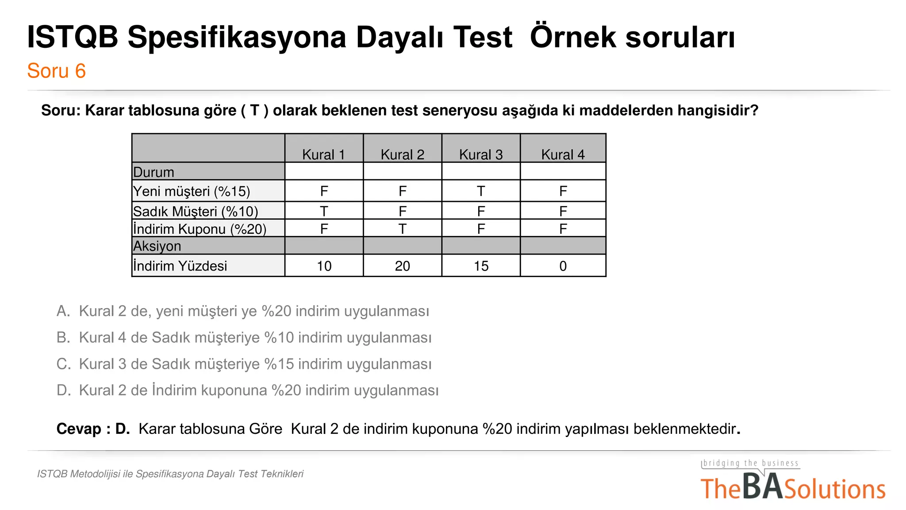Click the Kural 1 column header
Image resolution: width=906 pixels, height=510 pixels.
click(x=323, y=155)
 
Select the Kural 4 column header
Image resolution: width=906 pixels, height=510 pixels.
click(x=563, y=155)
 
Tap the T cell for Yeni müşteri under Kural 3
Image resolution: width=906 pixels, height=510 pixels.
click(x=481, y=191)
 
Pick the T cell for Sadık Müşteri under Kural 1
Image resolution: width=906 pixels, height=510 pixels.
click(x=324, y=211)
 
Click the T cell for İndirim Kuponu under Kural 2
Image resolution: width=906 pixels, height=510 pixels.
click(x=402, y=229)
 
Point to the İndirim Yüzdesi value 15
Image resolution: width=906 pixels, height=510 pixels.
click(x=481, y=266)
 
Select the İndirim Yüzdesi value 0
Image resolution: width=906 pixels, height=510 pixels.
click(x=563, y=266)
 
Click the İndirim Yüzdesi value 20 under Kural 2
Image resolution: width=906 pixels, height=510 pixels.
click(x=402, y=266)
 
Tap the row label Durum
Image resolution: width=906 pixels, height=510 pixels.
click(x=154, y=172)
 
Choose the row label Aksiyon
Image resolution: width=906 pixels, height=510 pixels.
click(x=157, y=246)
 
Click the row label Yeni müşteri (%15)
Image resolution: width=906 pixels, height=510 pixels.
click(x=192, y=191)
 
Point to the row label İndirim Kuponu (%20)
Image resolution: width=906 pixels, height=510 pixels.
click(x=200, y=229)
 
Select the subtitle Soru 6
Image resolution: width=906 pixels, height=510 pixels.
click(x=56, y=71)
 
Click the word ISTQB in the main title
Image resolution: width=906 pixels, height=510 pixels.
click(x=73, y=37)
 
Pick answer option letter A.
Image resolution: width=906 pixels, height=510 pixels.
click(x=63, y=311)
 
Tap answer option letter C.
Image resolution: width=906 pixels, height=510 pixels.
click(x=63, y=364)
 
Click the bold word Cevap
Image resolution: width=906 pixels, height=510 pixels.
click(x=79, y=429)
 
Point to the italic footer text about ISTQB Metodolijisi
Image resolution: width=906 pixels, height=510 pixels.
click(x=170, y=474)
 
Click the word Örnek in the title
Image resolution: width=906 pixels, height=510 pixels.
click(x=572, y=37)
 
